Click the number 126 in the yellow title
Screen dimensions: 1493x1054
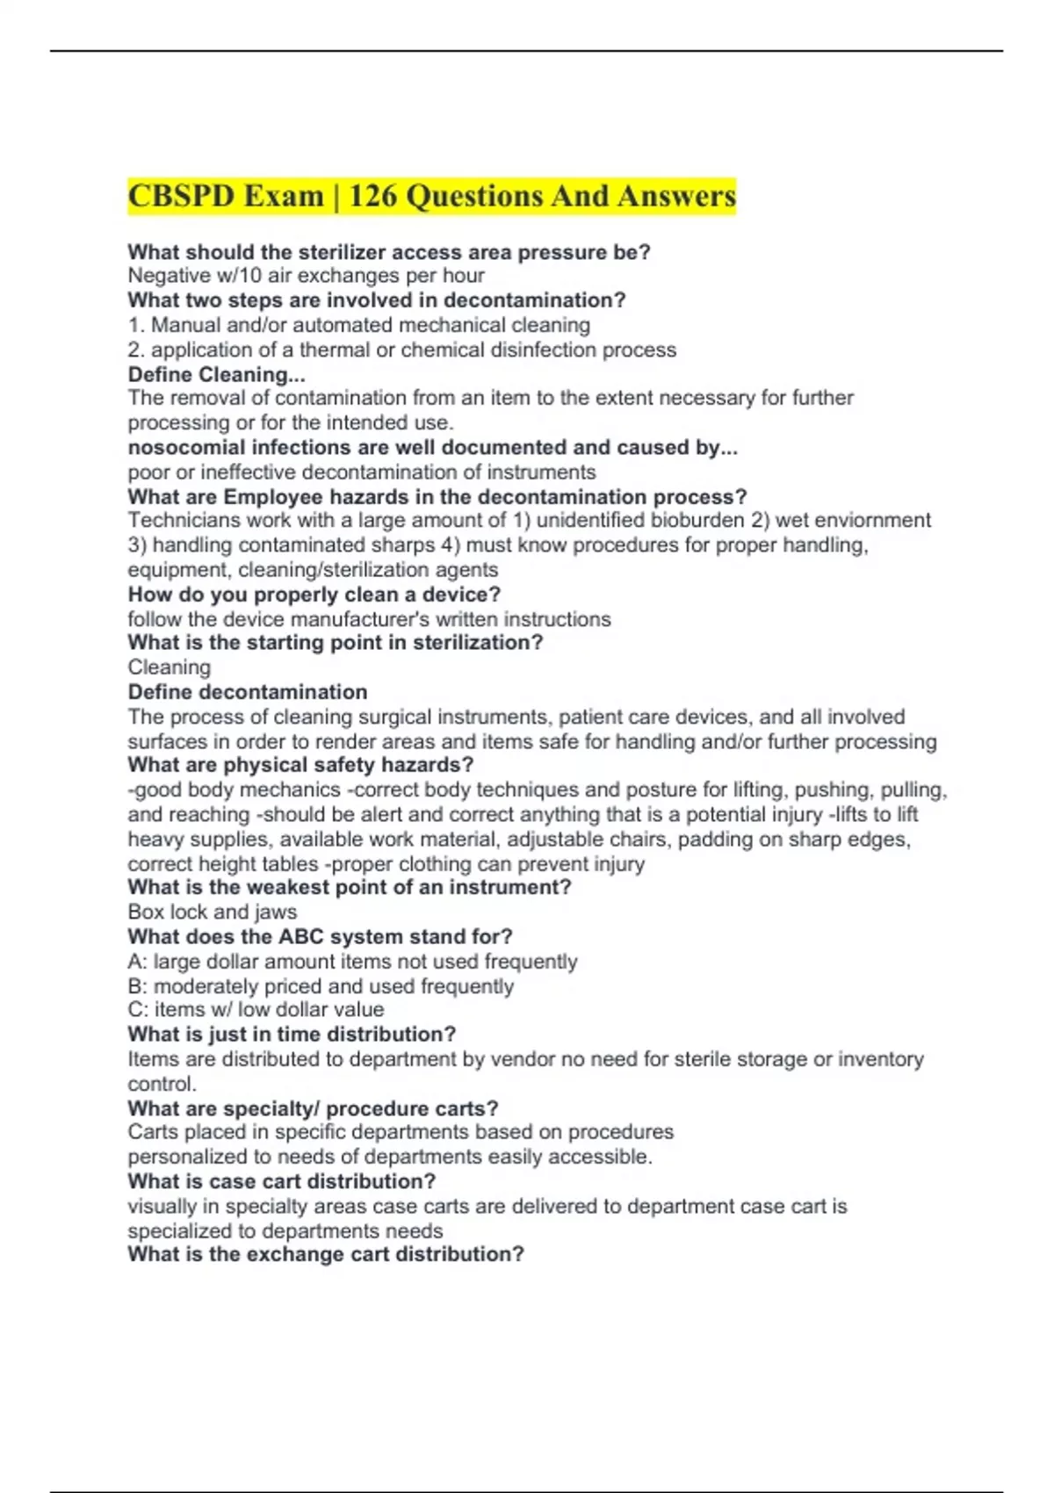click(x=372, y=196)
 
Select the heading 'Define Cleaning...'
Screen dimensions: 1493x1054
click(x=216, y=374)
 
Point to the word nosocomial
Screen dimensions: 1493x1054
click(x=185, y=448)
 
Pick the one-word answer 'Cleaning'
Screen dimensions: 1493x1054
click(x=169, y=667)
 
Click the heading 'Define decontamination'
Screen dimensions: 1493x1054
click(x=247, y=692)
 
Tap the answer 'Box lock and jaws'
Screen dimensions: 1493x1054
click(x=212, y=912)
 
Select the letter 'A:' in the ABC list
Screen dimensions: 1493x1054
click(x=137, y=962)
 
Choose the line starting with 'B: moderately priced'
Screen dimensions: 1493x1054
click(x=320, y=986)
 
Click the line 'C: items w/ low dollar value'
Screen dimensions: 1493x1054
click(x=255, y=1010)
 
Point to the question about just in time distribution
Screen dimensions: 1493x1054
click(x=292, y=1035)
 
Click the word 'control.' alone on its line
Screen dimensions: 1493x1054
click(x=162, y=1084)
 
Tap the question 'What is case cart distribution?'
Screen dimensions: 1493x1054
click(x=281, y=1181)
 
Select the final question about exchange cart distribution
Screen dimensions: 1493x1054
click(x=325, y=1254)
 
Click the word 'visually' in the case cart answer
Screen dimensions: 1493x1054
click(x=161, y=1207)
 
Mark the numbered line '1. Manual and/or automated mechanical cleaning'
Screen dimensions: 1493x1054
click(x=358, y=325)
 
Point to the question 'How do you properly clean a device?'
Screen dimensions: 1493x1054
click(x=314, y=595)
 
